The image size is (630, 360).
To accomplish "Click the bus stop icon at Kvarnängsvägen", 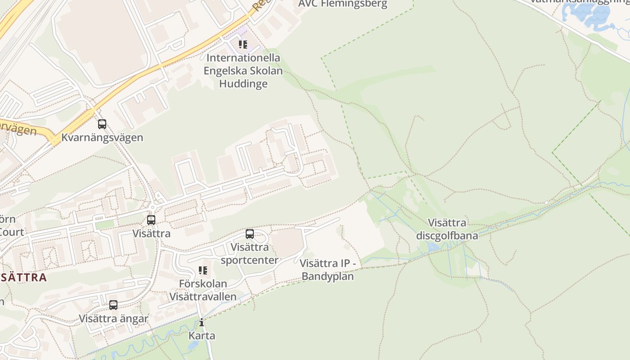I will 102,124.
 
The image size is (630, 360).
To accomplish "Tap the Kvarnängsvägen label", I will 102,137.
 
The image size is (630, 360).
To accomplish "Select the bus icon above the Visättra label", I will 151,220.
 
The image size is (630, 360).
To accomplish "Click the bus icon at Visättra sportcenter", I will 250,234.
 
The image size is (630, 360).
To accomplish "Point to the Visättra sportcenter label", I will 250,253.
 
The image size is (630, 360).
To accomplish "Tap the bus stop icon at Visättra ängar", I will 113,305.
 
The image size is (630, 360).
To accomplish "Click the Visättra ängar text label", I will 113,319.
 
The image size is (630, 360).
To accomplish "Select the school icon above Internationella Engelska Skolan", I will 243,45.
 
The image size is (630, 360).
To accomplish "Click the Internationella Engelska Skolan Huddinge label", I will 243,71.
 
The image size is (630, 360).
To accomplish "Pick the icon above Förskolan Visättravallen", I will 203,270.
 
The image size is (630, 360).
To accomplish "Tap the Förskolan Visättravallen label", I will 203,290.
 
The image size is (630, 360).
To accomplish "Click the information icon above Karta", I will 202,323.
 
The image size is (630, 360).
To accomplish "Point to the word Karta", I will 202,336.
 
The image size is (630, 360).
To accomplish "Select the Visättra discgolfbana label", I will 447,229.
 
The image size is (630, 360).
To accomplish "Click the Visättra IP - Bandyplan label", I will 328,270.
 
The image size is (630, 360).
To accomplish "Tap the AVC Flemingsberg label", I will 342,4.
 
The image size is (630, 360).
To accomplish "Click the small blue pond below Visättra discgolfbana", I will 434,247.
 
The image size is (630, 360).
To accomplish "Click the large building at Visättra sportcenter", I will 287,243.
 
